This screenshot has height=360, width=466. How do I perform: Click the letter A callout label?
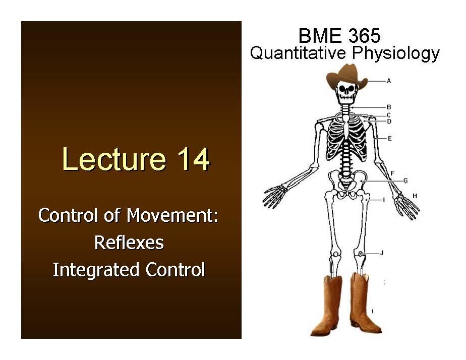click(389, 81)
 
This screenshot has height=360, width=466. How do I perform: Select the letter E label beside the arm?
click(390, 138)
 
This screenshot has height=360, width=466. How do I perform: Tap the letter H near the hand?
click(415, 196)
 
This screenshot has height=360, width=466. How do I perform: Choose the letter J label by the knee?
click(382, 253)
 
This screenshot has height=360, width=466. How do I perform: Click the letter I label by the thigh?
click(384, 200)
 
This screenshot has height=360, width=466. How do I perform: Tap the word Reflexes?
click(129, 243)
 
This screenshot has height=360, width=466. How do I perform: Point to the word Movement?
click(172, 215)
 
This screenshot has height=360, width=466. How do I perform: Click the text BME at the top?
click(317, 36)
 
